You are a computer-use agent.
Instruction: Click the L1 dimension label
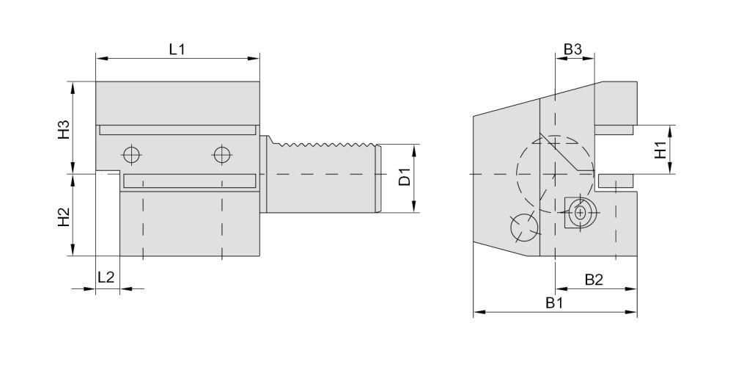[177, 49]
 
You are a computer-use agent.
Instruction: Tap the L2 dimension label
[106, 277]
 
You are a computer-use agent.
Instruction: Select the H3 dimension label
[64, 130]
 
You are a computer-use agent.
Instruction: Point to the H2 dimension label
[64, 217]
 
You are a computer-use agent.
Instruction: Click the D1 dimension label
[405, 176]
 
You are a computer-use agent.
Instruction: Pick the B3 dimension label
[572, 49]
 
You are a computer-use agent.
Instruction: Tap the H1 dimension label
[660, 150]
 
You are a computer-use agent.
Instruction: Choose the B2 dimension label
[594, 280]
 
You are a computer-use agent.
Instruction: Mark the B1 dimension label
[555, 303]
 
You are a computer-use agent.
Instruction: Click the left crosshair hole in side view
[132, 153]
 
